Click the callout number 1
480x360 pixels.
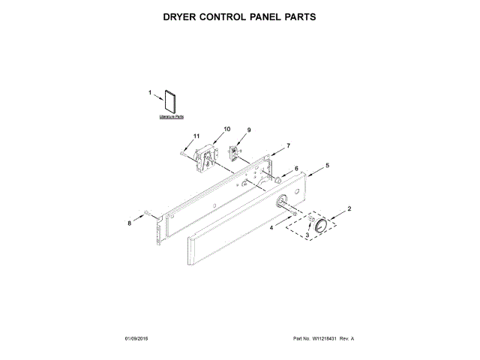149,93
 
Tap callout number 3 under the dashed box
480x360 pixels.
306,235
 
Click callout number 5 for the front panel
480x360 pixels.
326,164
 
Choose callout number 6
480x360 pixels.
295,169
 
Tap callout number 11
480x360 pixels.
196,136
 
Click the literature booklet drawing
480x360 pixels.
171,103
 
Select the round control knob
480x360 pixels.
324,226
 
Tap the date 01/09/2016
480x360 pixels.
138,339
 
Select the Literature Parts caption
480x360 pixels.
171,118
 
